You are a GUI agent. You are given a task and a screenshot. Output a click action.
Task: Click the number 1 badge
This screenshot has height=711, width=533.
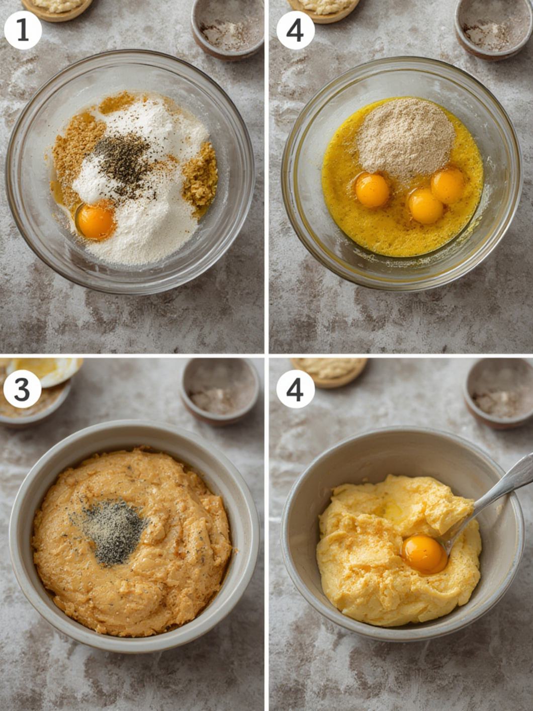(23, 31)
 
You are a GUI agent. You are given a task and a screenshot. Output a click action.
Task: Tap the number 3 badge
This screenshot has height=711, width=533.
(22, 389)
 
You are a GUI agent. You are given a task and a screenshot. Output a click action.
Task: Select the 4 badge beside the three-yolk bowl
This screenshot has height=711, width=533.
(295, 31)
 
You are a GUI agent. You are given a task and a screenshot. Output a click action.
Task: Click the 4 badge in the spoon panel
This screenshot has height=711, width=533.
(295, 389)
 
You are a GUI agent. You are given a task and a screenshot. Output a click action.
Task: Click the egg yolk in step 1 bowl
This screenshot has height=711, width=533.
(97, 222)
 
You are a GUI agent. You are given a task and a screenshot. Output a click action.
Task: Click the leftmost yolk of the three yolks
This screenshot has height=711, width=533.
(373, 190)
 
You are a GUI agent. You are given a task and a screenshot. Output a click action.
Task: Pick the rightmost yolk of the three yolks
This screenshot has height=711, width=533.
(448, 186)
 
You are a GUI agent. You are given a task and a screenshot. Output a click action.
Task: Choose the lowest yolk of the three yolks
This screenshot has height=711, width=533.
(425, 205)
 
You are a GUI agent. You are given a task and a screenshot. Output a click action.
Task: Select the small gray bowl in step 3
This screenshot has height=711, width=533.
(220, 391)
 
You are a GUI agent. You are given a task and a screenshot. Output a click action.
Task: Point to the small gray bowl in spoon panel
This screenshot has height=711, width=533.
(499, 394)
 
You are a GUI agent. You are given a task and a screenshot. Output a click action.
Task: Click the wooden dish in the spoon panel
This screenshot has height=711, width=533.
(329, 372)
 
